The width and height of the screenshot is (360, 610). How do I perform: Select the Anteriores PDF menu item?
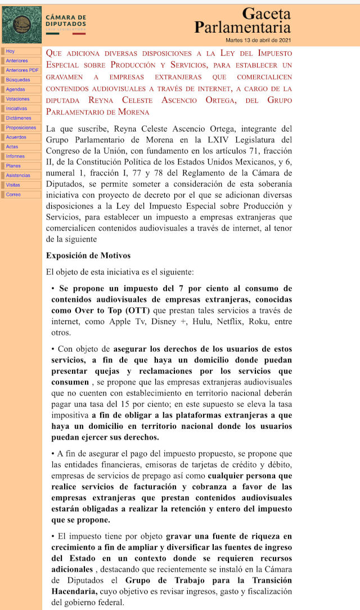coord(22,70)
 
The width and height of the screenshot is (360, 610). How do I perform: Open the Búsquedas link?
coord(18,80)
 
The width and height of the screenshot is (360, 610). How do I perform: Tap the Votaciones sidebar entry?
coord(17,99)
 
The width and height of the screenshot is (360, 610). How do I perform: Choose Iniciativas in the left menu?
coord(16,109)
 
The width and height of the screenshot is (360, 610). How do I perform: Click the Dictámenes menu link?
coord(19,118)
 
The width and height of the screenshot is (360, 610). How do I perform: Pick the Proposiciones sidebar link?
coord(21,128)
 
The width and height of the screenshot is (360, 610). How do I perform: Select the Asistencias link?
coord(18,176)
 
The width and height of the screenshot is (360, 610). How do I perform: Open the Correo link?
coord(13,195)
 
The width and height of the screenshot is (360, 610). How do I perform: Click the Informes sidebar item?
coord(15,156)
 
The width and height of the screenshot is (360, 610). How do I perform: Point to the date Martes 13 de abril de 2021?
coord(258,41)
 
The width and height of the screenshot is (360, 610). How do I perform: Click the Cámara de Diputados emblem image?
coord(21,24)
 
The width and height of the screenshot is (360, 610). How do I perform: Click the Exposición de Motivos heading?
coord(88,255)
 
